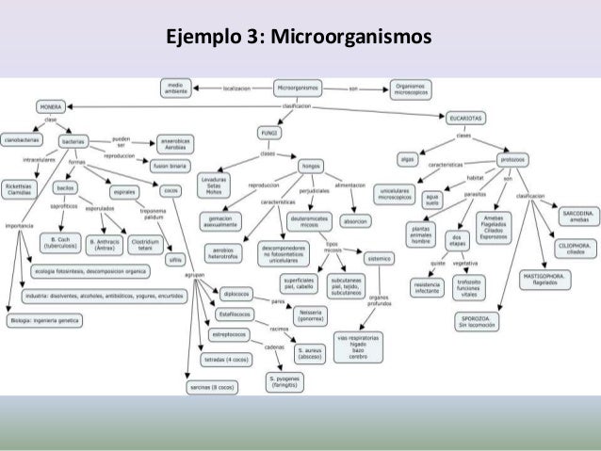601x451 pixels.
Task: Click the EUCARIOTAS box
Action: (468, 119)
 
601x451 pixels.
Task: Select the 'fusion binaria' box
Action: (171, 166)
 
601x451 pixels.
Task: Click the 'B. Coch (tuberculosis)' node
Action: (60, 243)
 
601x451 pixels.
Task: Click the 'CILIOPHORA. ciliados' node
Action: (573, 247)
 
